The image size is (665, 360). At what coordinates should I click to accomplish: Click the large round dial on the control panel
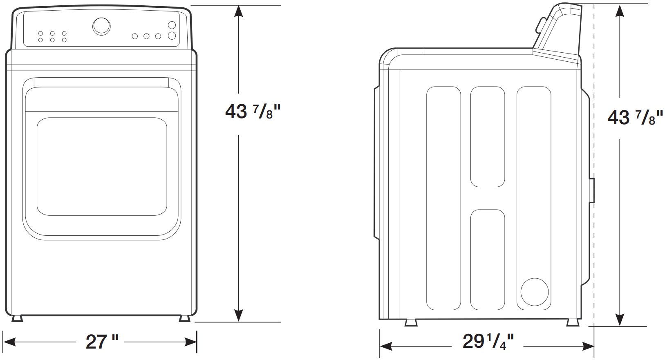(101, 26)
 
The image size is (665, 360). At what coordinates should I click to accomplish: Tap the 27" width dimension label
(102, 342)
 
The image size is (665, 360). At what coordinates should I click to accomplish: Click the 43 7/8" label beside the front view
(253, 112)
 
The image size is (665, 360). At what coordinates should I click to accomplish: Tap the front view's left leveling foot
(17, 318)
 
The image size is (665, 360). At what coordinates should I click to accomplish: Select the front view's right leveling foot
(184, 318)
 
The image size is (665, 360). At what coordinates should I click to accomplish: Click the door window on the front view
(102, 166)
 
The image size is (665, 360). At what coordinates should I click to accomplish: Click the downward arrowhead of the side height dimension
(620, 319)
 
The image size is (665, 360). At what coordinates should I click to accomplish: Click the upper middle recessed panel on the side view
(487, 136)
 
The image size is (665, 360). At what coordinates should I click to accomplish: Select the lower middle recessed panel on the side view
(487, 259)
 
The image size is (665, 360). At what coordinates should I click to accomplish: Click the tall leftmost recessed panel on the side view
(443, 198)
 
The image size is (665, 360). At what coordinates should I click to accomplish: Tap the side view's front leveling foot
(411, 323)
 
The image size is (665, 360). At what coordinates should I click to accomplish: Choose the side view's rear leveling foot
(573, 323)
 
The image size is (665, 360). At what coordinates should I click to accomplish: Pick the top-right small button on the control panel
(172, 25)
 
